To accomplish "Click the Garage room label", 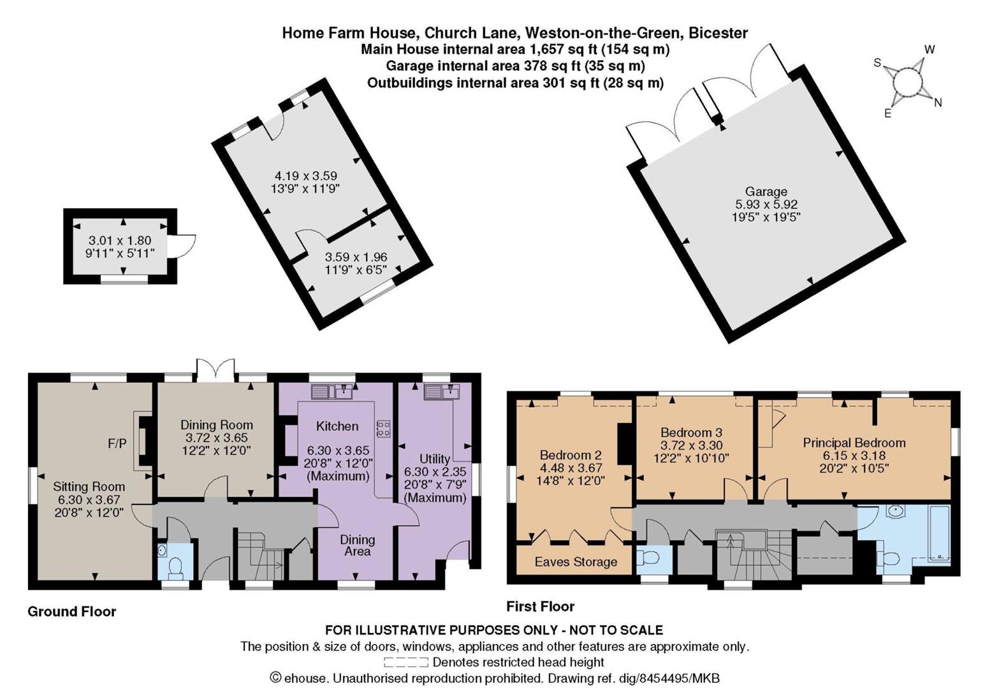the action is coord(766,192).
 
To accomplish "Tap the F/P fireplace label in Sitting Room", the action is coord(117,443).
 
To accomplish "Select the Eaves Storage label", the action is coord(576,562).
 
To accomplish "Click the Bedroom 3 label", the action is coord(691,433).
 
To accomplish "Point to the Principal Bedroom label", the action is coord(854,443).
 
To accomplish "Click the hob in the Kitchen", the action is coord(383,429).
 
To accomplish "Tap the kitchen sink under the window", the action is coord(332,392).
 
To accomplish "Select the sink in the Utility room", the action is coord(442,392).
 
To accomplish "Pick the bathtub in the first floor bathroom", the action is coord(938,535).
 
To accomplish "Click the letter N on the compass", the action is coord(938,103).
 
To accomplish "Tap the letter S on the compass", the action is coord(877,63).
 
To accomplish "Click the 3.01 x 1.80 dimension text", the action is coord(120,241).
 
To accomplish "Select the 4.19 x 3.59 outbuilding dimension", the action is coord(306,176).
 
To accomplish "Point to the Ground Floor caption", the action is coord(72,612).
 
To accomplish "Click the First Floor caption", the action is coord(540,606).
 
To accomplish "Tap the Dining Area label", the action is coord(358,545).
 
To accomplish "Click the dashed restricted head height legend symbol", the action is coord(406,663).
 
